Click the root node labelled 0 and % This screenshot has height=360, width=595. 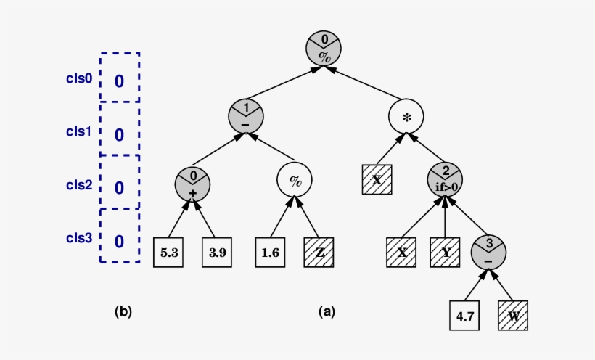(x=323, y=48)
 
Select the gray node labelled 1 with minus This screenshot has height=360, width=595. (x=245, y=116)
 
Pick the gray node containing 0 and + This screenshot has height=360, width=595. (x=193, y=184)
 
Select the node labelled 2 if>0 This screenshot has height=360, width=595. (x=445, y=181)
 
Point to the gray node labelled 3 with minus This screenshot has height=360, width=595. (x=488, y=252)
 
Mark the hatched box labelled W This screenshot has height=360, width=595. (x=513, y=316)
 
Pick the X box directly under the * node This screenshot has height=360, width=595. (x=377, y=180)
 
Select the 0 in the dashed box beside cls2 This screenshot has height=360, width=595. (x=120, y=188)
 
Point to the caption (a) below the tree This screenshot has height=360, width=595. (x=327, y=311)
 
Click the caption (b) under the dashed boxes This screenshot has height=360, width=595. (x=123, y=311)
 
